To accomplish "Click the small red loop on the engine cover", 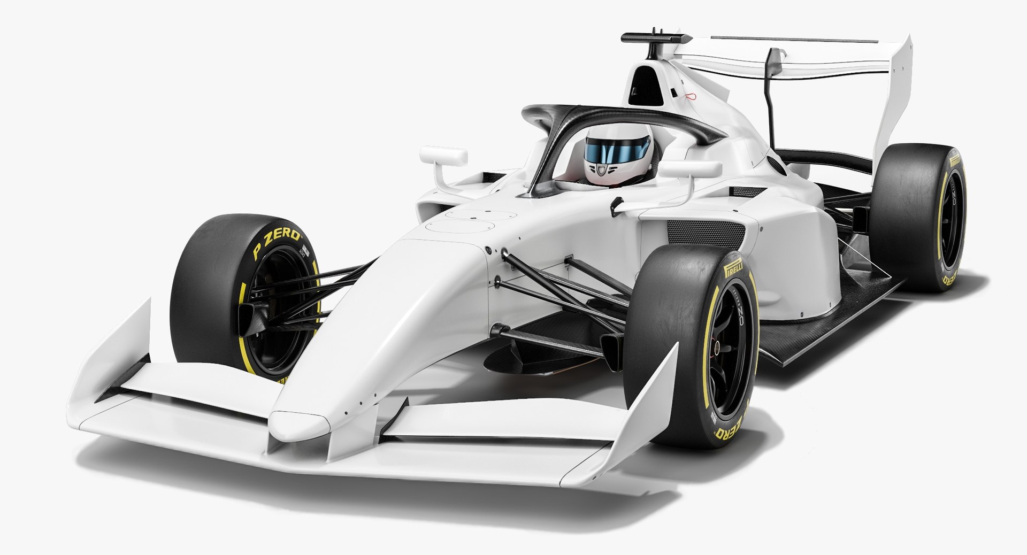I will pyautogui.click(x=691, y=97).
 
